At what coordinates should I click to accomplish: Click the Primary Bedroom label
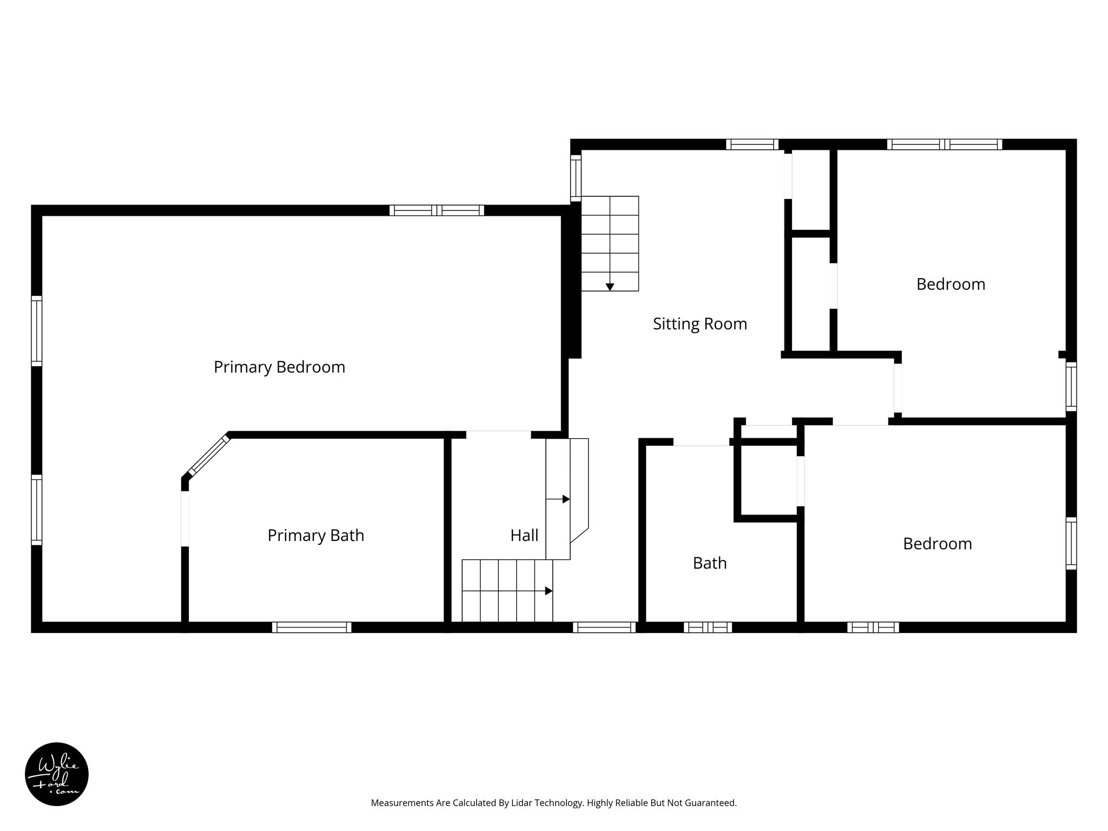[279, 367]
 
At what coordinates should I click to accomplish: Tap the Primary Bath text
[315, 535]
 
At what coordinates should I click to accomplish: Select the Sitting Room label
[700, 324]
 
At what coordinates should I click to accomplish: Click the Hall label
[524, 535]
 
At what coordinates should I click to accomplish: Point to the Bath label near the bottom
[709, 563]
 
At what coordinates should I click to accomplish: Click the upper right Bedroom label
[951, 284]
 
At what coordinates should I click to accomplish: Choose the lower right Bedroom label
[937, 543]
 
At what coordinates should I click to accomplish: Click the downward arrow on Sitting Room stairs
[610, 287]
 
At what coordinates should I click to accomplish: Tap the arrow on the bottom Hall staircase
[548, 591]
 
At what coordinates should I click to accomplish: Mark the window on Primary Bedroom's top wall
[437, 210]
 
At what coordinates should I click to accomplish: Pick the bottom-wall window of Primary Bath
[312, 627]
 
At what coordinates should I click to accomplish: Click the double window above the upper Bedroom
[944, 144]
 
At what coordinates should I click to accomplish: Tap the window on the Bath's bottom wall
[708, 627]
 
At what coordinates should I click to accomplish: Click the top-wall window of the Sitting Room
[751, 144]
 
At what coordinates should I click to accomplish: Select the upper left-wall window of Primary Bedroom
[36, 331]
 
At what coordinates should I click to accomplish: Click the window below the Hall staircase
[604, 627]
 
